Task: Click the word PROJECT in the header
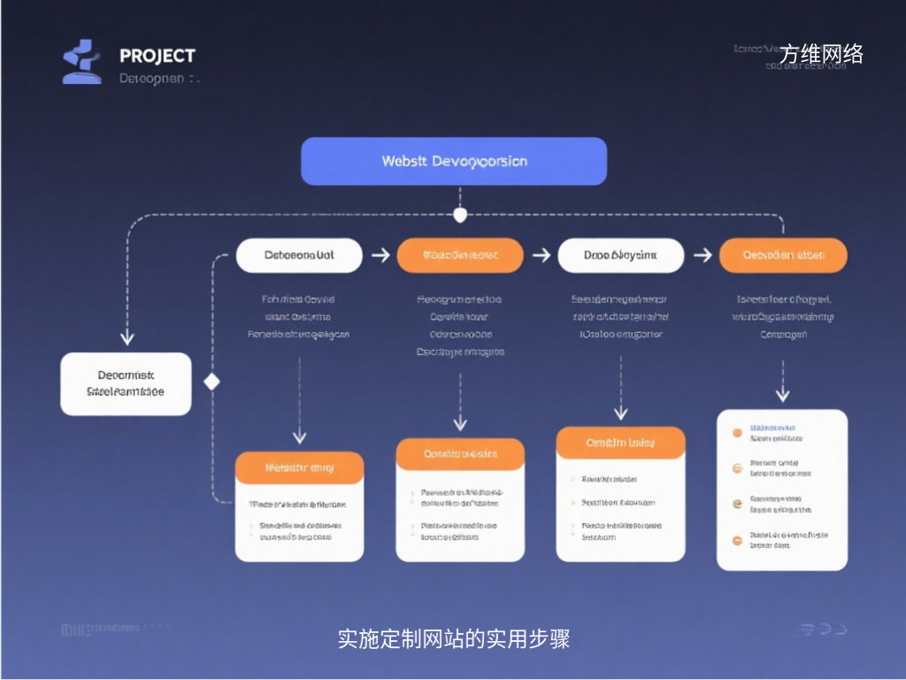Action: tap(157, 56)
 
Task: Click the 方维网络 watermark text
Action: tap(821, 55)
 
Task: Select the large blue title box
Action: tap(454, 161)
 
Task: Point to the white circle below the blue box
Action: tap(459, 215)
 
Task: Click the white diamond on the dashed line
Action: tap(211, 382)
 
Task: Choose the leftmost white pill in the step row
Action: tap(299, 255)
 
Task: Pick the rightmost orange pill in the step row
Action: tap(783, 255)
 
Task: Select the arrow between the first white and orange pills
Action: tap(380, 255)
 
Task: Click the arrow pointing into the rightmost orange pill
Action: tap(702, 255)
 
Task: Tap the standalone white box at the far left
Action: tap(126, 383)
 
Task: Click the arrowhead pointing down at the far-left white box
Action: tap(127, 337)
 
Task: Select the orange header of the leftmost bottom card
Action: tap(299, 467)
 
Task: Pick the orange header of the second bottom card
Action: tap(460, 453)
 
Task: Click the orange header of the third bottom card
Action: tap(620, 443)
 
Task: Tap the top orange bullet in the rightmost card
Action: tap(736, 433)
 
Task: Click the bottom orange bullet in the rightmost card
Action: tap(736, 539)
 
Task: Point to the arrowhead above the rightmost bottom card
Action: tap(782, 395)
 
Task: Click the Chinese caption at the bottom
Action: tap(453, 638)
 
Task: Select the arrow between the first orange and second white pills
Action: tap(541, 255)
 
